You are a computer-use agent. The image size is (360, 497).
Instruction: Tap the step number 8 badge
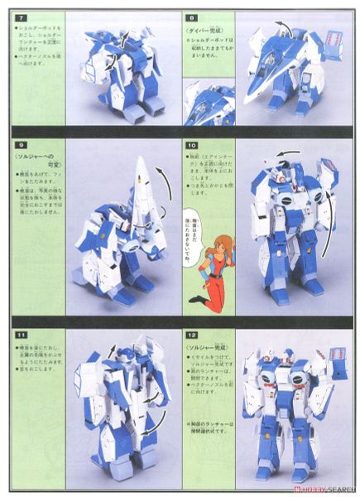[x=190, y=16]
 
